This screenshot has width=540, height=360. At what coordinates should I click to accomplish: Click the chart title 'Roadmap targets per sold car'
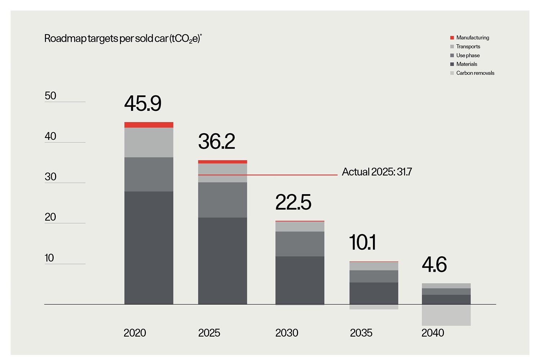123,39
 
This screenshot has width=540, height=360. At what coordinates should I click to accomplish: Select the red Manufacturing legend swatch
452,38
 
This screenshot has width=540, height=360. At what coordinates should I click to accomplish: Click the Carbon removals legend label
475,73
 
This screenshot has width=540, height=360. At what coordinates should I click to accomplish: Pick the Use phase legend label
468,55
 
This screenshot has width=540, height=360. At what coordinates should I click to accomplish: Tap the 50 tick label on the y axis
50,96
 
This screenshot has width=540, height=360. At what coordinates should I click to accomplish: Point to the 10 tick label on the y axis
49,258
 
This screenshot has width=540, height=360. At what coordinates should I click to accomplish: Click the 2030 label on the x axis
287,333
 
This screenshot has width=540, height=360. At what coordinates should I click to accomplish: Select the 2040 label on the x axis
432,333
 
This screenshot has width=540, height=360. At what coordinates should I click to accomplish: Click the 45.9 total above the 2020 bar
143,104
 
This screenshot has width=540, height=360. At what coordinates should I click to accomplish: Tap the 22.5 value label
293,202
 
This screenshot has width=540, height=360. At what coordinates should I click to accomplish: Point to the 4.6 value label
434,265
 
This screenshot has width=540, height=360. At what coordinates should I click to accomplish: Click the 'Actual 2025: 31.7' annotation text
377,172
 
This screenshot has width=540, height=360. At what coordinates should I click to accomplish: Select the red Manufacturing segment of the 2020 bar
149,125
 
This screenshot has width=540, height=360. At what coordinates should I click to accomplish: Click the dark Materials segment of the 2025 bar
222,261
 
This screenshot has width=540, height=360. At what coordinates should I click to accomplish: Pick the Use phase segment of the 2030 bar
300,244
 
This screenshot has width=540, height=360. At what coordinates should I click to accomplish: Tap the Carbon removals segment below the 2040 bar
446,315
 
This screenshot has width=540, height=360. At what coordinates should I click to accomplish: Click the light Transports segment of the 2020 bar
149,142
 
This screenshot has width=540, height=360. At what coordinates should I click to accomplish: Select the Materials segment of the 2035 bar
374,293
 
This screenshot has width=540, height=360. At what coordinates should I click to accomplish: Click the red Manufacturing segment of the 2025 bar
222,162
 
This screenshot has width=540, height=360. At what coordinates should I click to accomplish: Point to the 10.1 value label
362,242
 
